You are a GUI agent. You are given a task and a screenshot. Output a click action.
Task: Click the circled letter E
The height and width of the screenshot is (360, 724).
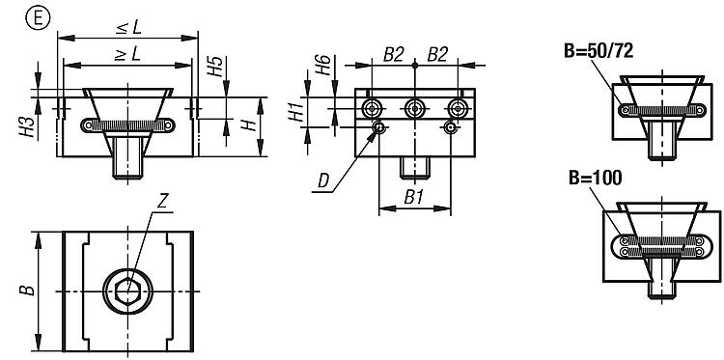[39, 19]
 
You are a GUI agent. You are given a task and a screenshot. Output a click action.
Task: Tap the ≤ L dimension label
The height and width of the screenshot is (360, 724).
[128, 28]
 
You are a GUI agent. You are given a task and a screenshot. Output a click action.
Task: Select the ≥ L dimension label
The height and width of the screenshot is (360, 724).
[127, 55]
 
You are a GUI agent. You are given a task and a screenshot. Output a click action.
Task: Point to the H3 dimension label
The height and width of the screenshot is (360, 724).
[29, 127]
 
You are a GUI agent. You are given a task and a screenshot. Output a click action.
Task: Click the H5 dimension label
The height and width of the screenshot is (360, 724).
[215, 66]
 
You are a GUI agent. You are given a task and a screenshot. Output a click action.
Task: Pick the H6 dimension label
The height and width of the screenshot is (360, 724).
[323, 65]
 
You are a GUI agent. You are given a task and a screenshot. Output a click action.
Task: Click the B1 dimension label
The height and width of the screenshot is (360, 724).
[414, 198]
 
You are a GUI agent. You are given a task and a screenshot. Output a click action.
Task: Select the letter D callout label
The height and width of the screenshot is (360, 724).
[323, 181]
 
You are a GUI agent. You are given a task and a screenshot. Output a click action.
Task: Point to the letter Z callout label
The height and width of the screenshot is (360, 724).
[161, 203]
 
